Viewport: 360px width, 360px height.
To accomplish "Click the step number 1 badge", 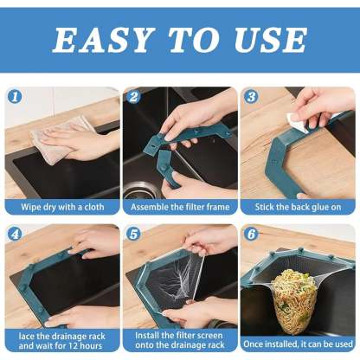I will click(16, 97).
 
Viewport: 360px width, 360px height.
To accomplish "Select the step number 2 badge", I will click(133, 97).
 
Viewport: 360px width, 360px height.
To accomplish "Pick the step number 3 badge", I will click(252, 97).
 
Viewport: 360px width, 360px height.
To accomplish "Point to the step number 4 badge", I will click(16, 233).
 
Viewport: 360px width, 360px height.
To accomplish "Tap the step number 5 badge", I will click(133, 233).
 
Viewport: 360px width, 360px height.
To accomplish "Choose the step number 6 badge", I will click(252, 233).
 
